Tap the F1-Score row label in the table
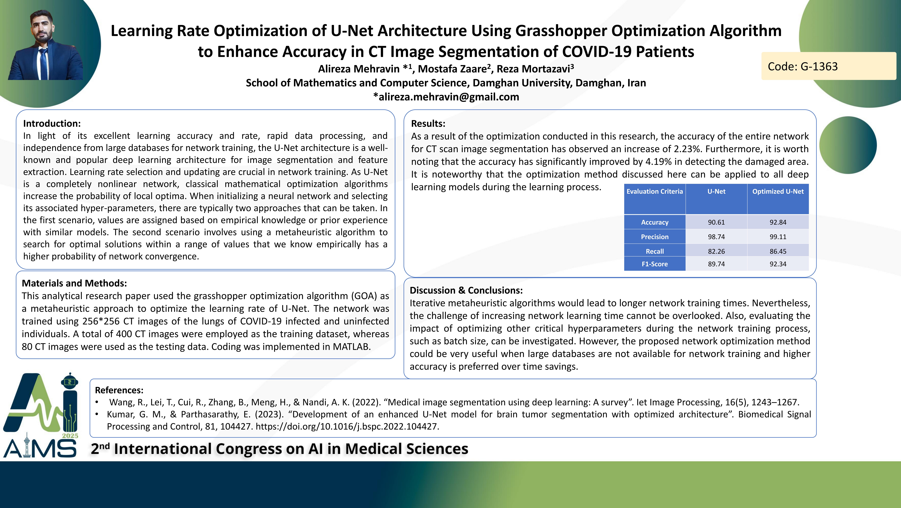click(x=654, y=264)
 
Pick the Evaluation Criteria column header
click(x=654, y=192)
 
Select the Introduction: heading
click(x=52, y=123)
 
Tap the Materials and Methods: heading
click(x=74, y=283)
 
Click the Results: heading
click(x=428, y=123)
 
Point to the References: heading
click(x=119, y=390)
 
